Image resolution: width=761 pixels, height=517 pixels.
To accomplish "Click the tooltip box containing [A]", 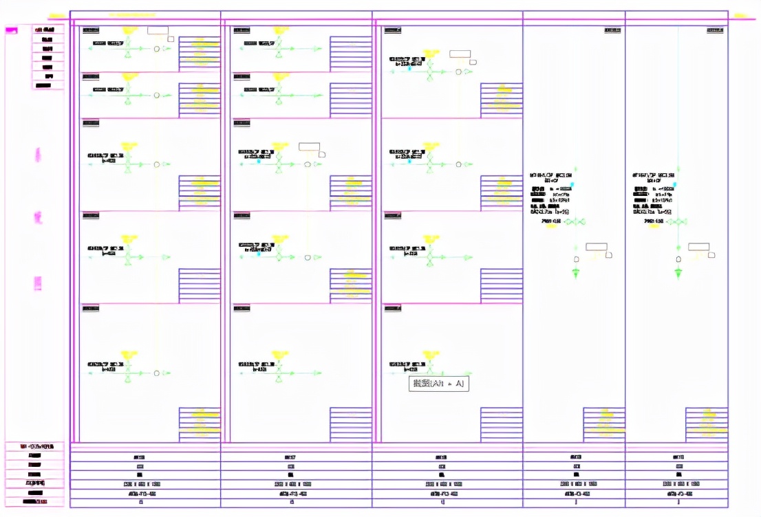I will (x=439, y=384).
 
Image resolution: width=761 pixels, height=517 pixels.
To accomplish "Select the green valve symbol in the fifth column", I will (x=678, y=222).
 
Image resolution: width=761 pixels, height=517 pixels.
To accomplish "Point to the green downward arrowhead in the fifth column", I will (x=678, y=274).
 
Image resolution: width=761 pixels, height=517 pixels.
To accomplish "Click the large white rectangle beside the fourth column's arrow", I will (x=595, y=247).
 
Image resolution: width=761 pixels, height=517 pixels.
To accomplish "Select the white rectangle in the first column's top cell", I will (x=158, y=30).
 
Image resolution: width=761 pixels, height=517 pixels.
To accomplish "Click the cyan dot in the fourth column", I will (x=572, y=185).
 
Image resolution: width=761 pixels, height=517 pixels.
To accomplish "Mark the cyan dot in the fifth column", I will (x=675, y=185).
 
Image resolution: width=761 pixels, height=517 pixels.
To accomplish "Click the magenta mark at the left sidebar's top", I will (x=12, y=30).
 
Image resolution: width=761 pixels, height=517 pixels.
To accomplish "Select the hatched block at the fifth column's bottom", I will (x=707, y=424).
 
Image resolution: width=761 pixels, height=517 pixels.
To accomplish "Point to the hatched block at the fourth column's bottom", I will (x=604, y=424).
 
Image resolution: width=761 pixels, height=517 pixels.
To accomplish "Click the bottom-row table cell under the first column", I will (x=145, y=503).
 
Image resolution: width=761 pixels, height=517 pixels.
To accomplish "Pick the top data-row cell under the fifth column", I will (x=676, y=456).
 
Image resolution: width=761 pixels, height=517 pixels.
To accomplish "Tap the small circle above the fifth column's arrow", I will (x=678, y=259).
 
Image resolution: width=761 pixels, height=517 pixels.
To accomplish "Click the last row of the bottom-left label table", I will (x=34, y=502).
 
